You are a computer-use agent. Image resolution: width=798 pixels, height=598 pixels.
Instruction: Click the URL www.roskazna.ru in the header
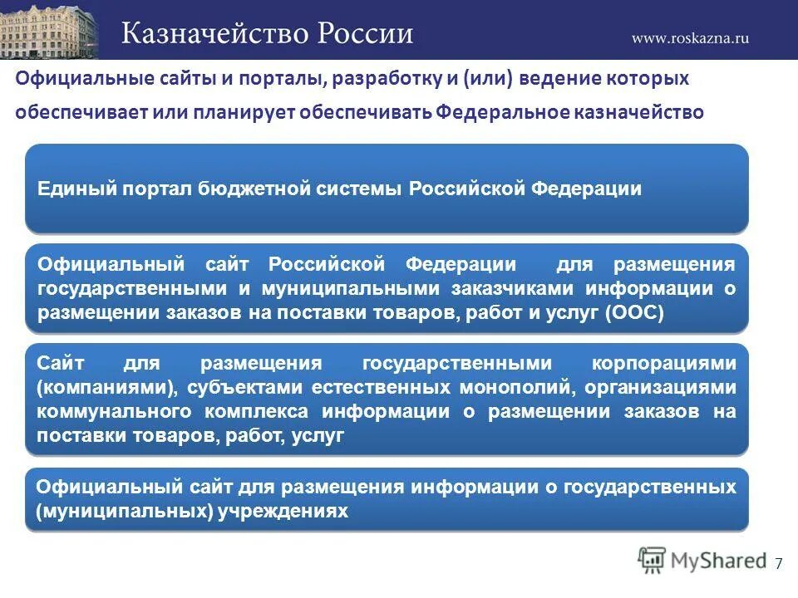[x=690, y=37]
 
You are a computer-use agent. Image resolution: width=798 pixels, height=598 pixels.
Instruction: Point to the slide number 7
[x=778, y=564]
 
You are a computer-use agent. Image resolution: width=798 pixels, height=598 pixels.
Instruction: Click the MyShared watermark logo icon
[x=652, y=561]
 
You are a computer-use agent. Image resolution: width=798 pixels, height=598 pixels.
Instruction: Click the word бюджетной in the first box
[x=253, y=189]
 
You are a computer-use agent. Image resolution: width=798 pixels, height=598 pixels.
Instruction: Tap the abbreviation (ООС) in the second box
[x=635, y=312]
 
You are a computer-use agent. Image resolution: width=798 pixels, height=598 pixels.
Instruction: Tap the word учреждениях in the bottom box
[x=283, y=511]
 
